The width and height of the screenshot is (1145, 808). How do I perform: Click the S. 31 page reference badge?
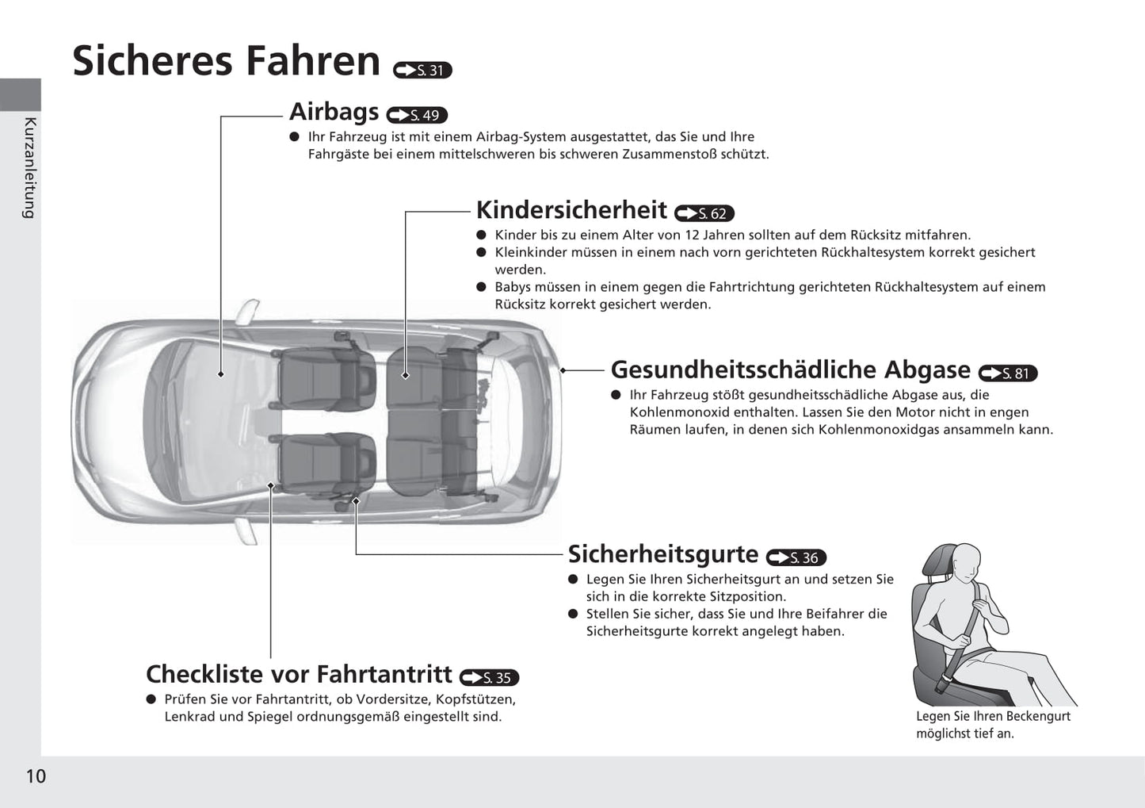[422, 70]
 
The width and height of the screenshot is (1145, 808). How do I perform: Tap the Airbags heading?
[334, 112]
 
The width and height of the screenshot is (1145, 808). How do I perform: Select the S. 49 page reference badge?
[417, 115]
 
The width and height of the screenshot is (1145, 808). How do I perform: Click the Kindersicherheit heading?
[571, 209]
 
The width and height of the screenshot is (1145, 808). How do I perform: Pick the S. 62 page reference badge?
[704, 213]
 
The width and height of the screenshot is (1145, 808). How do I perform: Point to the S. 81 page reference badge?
[1008, 373]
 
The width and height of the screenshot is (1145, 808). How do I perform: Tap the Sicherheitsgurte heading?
[663, 553]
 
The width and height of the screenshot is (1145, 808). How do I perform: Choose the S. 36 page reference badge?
[796, 557]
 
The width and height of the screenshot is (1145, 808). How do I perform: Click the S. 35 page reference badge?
[489, 678]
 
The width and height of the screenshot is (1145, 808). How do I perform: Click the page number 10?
[36, 776]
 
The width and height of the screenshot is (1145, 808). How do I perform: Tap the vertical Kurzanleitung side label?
[30, 168]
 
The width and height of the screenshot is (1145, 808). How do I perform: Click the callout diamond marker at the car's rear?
[563, 370]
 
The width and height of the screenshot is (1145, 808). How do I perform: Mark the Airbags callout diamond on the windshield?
[221, 374]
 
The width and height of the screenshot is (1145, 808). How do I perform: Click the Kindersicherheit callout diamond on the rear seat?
[406, 375]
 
